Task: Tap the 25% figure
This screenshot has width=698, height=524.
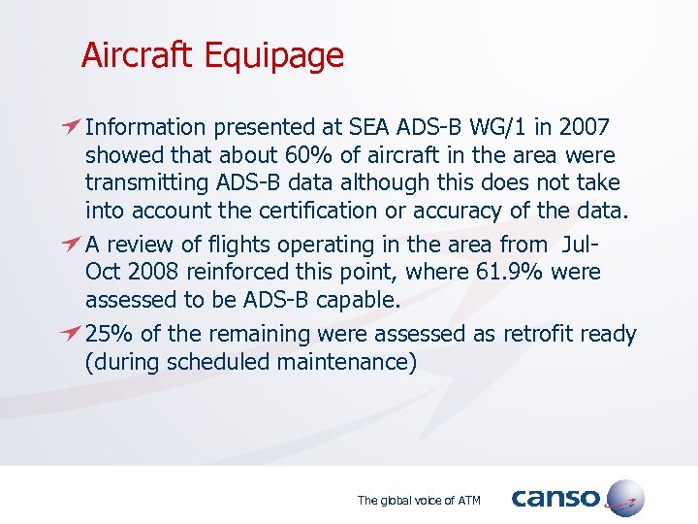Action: [110, 335]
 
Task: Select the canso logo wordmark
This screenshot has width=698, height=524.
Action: [555, 499]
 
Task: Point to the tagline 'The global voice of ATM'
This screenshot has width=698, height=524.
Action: [418, 501]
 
